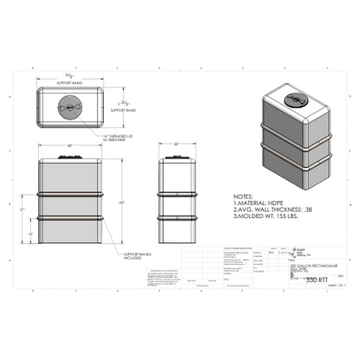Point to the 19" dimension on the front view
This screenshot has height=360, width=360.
click(31, 234)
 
